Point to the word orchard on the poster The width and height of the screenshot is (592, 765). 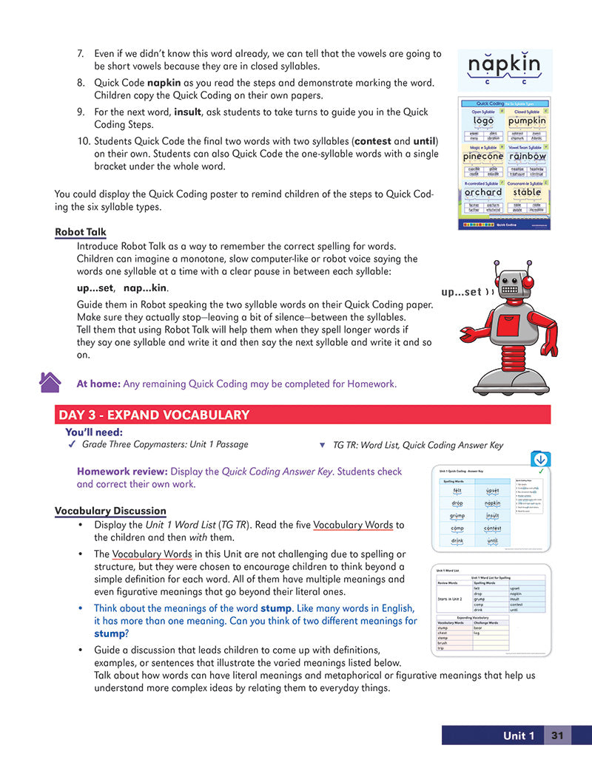[482, 192]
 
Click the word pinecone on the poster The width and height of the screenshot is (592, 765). [482, 157]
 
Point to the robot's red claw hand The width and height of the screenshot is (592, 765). [551, 350]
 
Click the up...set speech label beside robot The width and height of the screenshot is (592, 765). [464, 292]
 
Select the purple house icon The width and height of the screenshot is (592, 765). [50, 382]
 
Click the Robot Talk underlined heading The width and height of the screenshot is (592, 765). [80, 232]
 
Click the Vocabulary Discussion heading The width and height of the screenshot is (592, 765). [110, 511]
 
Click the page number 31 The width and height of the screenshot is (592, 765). [557, 735]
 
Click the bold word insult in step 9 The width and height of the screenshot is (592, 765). [187, 112]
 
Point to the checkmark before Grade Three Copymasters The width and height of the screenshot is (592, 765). [72, 445]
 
